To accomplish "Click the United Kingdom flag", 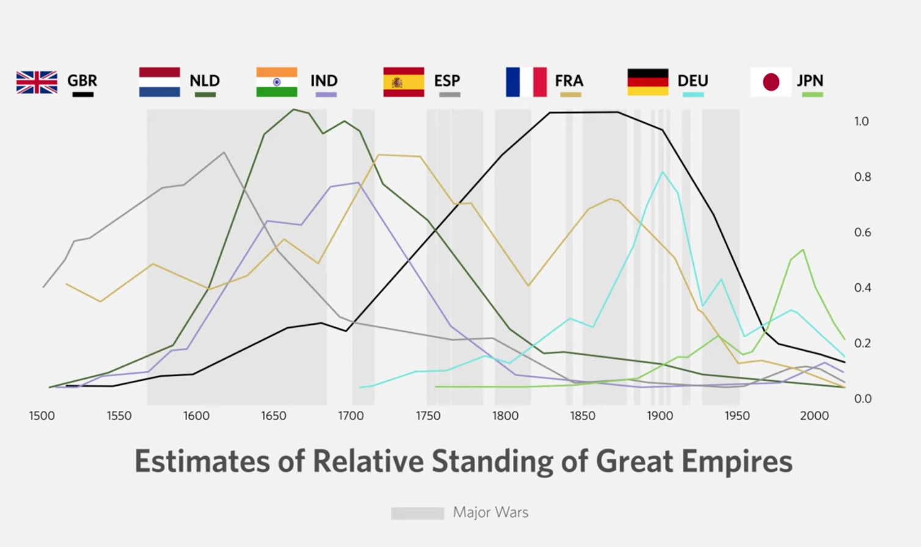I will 37,82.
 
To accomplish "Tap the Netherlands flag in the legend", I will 159,82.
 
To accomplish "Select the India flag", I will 277,82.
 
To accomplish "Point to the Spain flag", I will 404,82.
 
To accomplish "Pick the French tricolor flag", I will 526,82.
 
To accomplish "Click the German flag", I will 648,82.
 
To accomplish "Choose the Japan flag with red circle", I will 771,82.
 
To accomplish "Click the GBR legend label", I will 82,81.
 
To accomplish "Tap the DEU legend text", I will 693,81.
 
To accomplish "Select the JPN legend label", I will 810,81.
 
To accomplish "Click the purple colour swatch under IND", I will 326,95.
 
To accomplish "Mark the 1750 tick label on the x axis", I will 428,416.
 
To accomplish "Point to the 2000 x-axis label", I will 814,416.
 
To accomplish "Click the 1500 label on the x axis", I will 42,416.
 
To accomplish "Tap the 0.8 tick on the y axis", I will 862,177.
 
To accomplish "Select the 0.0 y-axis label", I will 862,399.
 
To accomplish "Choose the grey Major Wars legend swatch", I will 417,513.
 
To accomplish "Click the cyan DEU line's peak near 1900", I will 663,172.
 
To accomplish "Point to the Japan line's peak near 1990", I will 803,250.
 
